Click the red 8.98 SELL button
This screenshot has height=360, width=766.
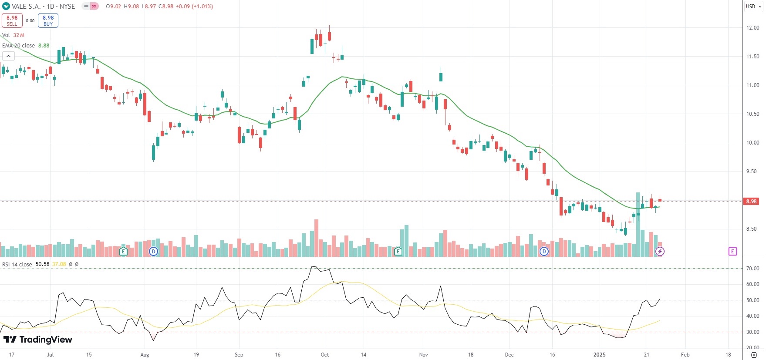12,20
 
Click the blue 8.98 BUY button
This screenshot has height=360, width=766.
48,20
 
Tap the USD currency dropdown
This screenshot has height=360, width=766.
753,7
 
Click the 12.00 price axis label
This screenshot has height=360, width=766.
753,28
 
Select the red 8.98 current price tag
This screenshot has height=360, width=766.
751,202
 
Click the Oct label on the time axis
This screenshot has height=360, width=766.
325,355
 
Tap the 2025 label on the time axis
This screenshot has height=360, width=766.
600,355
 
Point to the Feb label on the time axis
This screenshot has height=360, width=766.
685,355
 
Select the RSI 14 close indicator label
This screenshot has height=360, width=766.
17,264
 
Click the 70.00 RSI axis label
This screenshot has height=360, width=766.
753,269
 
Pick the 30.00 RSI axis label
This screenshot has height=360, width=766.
753,332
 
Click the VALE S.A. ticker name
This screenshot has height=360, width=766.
26,7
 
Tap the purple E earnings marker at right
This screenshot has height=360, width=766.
732,251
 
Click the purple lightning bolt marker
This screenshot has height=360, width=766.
660,251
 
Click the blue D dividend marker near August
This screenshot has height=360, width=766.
153,251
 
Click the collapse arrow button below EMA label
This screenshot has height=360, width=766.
8,56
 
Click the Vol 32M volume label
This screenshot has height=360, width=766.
13,35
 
